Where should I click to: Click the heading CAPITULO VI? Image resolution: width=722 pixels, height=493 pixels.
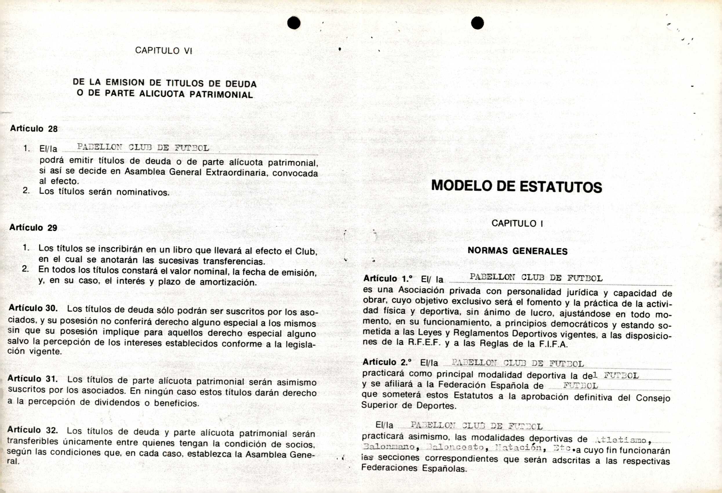click(163, 51)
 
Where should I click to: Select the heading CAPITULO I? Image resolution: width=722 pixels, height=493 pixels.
click(517, 224)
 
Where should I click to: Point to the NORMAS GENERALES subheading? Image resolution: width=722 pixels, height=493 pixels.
click(518, 251)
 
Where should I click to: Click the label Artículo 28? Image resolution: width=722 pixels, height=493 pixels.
click(34, 129)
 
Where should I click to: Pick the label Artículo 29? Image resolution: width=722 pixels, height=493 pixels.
click(33, 228)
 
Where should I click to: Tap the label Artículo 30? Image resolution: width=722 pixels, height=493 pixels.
click(33, 308)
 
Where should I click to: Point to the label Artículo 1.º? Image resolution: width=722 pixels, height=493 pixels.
click(388, 278)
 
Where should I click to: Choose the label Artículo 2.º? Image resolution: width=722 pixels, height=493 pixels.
click(387, 362)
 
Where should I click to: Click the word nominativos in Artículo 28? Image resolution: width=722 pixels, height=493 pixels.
click(143, 192)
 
